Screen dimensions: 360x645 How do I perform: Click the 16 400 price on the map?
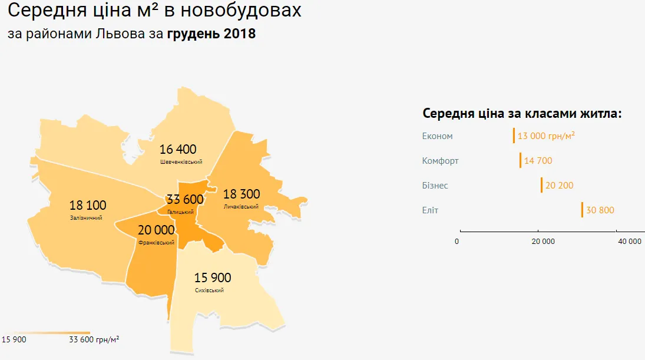coord(178,150)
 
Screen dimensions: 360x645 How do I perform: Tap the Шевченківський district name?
coord(181,162)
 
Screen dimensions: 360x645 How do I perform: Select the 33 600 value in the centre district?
coord(185,200)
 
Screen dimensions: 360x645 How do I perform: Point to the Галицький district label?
coord(180,212)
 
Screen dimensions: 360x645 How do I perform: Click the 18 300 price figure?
coord(242,194)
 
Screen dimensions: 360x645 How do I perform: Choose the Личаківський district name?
coord(242,207)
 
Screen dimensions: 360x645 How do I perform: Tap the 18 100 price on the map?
coord(88,206)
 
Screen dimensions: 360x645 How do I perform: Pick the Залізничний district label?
coord(86,218)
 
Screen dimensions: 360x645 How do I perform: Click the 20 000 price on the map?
coord(156,230)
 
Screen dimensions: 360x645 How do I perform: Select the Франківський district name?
coord(156,243)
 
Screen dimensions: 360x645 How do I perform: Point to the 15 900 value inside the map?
coord(213,278)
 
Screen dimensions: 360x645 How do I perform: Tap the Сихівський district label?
coord(209,290)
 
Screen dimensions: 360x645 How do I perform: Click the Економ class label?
coord(438,136)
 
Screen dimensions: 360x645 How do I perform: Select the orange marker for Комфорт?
coord(520,160)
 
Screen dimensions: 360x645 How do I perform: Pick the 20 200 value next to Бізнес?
coord(559,186)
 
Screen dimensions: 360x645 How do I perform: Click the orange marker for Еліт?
coord(582,210)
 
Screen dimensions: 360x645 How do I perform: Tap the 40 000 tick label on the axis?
coord(629,242)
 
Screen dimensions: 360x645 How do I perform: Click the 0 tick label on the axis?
coord(457,242)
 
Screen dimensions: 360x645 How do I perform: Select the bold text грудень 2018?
coord(211,34)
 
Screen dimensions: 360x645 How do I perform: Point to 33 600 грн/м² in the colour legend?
coord(94,339)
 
